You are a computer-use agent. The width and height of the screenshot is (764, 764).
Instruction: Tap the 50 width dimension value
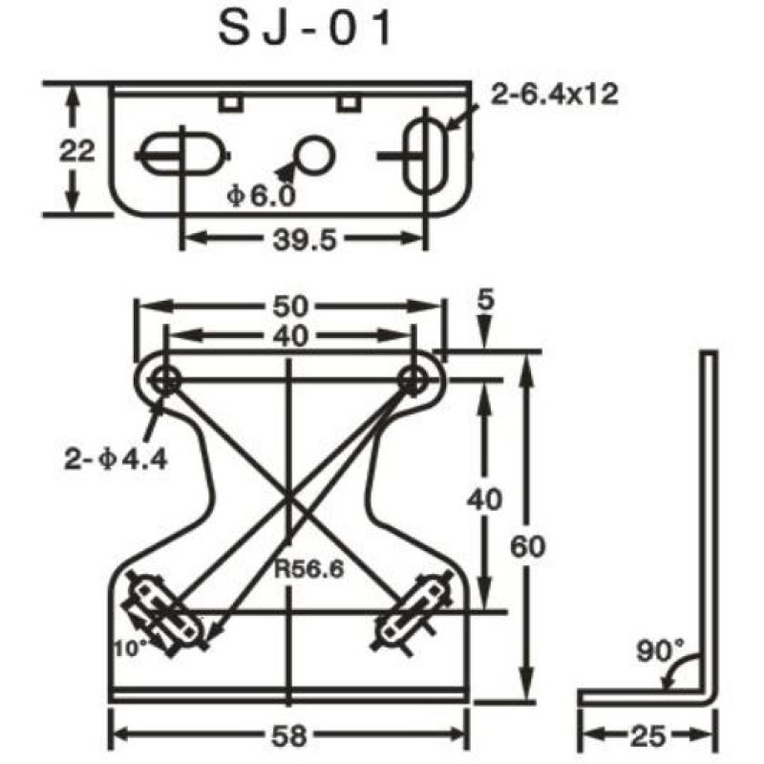pyautogui.click(x=289, y=306)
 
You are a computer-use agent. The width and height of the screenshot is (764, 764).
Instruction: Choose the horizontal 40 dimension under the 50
pyautogui.click(x=289, y=335)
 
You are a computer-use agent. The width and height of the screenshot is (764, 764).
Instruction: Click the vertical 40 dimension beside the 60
pyautogui.click(x=486, y=498)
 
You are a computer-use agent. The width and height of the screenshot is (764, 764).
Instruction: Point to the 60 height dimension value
pyautogui.click(x=534, y=546)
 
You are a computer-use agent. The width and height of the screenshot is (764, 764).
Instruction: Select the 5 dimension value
pyautogui.click(x=485, y=300)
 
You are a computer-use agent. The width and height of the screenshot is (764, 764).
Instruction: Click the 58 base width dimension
pyautogui.click(x=289, y=735)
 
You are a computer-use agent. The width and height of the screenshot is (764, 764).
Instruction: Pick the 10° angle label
pyautogui.click(x=131, y=647)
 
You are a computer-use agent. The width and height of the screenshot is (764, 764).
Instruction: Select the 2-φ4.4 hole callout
pyautogui.click(x=116, y=459)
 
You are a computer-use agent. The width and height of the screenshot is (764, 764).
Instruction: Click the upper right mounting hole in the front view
pyautogui.click(x=414, y=379)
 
